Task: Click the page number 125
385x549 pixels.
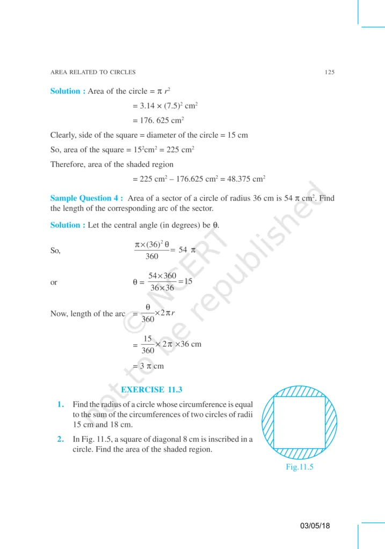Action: (330, 72)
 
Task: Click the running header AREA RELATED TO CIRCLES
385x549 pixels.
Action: (92, 72)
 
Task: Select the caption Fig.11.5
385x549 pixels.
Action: (299, 466)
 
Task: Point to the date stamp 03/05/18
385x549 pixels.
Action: (315, 526)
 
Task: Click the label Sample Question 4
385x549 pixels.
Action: (86, 198)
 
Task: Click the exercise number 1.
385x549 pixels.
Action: (61, 404)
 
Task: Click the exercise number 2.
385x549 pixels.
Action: (61, 440)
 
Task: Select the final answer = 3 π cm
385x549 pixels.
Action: (148, 366)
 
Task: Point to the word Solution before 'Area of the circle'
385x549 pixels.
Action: (67, 91)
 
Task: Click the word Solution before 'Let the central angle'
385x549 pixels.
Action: (67, 225)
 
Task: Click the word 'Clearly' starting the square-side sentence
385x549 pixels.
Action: (64, 135)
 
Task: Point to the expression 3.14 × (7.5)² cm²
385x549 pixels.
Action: (166, 106)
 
